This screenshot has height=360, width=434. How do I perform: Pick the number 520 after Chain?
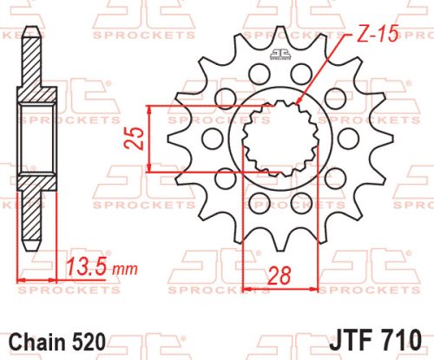pyautogui.click(x=92, y=341)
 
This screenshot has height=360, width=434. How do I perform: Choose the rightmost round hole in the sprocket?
pyautogui.click(x=347, y=138)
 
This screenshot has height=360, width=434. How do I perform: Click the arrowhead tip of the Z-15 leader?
pyautogui.click(x=297, y=104)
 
